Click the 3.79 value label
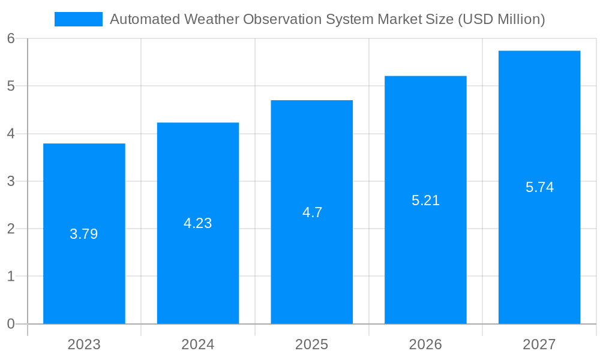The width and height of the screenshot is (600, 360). (84, 234)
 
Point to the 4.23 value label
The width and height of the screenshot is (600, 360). (198, 223)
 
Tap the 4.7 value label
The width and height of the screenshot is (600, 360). (312, 212)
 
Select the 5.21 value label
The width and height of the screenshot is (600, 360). (425, 200)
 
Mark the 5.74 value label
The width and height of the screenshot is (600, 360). (539, 187)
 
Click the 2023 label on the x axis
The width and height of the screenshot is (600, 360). (84, 344)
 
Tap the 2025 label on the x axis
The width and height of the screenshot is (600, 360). (311, 344)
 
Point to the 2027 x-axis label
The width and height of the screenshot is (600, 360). (539, 344)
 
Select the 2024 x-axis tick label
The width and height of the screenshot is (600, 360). (198, 344)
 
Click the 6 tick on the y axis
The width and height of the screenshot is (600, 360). (11, 38)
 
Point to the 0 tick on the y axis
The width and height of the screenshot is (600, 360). (11, 324)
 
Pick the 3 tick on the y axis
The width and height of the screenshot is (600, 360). (11, 181)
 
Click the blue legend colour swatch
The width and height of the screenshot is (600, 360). (79, 19)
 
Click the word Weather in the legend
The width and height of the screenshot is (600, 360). (213, 19)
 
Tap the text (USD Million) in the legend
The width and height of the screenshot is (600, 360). (501, 19)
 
